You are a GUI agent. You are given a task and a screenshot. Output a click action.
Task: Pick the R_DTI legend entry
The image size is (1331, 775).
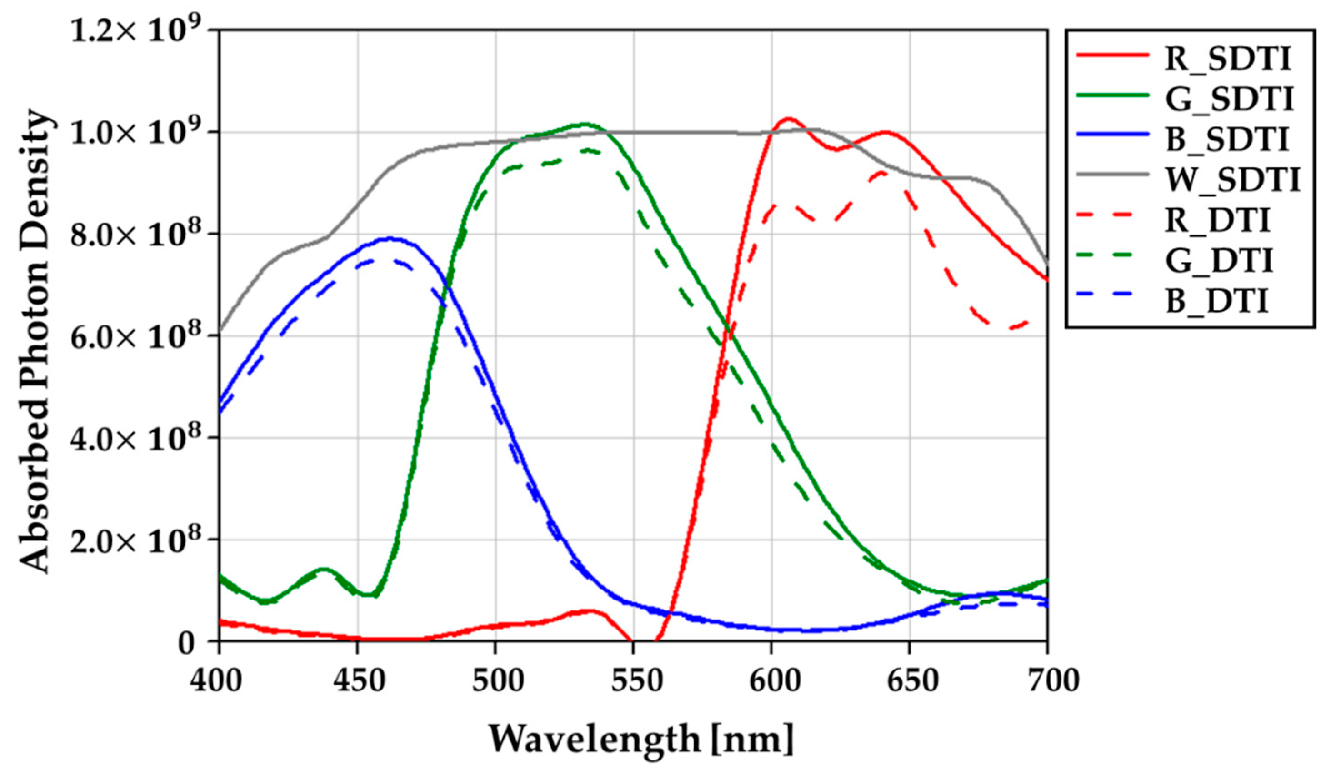[x=1217, y=220]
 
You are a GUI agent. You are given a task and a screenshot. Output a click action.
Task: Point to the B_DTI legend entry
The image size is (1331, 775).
[x=1216, y=302]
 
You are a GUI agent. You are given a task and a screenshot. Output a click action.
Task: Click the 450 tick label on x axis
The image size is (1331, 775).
[x=358, y=681]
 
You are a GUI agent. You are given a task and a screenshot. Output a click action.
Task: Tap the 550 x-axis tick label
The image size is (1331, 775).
[x=633, y=681]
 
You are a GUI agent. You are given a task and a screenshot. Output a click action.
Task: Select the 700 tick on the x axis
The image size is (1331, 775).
[x=1046, y=681]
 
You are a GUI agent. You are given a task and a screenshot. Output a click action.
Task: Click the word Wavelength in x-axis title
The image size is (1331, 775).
[x=594, y=739]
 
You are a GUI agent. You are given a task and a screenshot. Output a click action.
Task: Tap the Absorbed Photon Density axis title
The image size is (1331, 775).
[x=36, y=341]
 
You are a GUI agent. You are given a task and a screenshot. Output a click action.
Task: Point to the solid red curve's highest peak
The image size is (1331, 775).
[x=788, y=118]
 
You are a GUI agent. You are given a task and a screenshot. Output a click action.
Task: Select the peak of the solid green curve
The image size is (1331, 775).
[x=584, y=124]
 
